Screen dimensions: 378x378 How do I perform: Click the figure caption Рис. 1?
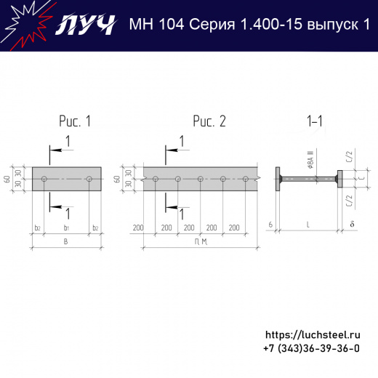[75, 121]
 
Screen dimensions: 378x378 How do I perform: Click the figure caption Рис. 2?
[209, 121]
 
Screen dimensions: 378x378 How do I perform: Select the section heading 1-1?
[315, 121]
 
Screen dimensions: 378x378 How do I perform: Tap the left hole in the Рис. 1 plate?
[45, 178]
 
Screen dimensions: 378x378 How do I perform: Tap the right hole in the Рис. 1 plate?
[89, 178]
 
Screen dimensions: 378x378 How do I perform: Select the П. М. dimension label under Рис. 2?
[201, 241]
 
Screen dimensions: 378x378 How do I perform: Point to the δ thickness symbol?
[351, 223]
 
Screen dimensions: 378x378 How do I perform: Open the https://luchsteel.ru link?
[313, 335]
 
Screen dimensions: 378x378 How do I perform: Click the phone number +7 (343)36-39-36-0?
[311, 349]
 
